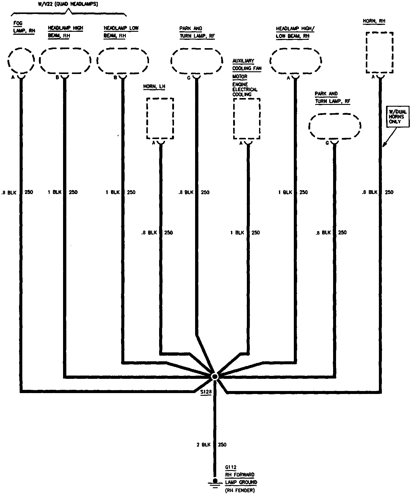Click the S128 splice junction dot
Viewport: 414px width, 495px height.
[x=214, y=376]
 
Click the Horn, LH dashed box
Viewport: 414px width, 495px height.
[x=160, y=118]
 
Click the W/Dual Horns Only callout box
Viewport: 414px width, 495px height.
[x=398, y=117]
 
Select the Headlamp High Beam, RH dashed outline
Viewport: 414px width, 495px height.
[x=65, y=61]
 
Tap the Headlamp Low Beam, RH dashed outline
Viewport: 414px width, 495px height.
[x=123, y=61]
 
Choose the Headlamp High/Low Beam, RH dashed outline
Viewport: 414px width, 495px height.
[x=296, y=61]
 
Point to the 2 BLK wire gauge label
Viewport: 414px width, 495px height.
[x=203, y=445]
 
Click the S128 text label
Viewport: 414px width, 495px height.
[x=206, y=392]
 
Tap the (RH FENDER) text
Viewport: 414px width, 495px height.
[x=240, y=491]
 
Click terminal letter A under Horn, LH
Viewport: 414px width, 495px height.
[x=154, y=143]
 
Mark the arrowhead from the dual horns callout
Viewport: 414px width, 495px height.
[x=384, y=145]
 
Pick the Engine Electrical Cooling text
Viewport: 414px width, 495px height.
[x=245, y=89]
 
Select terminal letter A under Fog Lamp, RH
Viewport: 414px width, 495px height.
[x=13, y=77]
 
